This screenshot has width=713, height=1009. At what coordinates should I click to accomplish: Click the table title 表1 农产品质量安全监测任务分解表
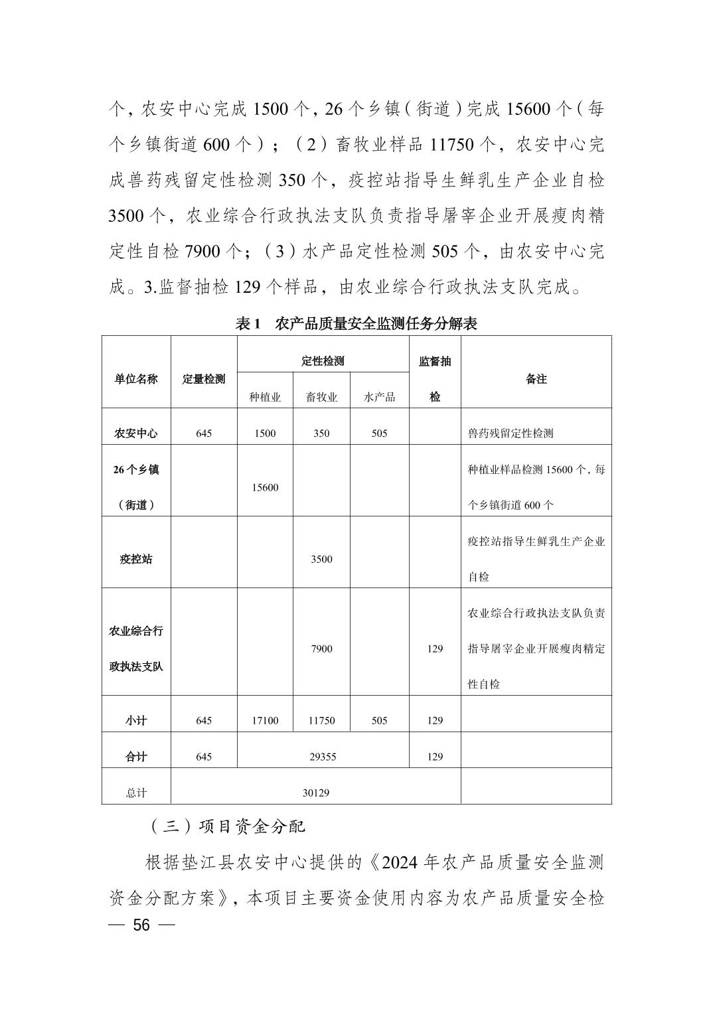(356, 324)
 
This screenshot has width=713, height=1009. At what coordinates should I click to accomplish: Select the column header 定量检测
(204, 379)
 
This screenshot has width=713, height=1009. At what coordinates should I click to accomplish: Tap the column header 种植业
(265, 397)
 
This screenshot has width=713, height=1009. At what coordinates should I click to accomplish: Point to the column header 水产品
(379, 397)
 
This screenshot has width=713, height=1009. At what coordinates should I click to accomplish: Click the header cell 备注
(536, 379)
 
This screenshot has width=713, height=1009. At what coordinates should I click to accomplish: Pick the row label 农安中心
(136, 433)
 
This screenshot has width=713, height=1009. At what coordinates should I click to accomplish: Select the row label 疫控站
(136, 559)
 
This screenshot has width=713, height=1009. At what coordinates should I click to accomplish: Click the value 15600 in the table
(265, 487)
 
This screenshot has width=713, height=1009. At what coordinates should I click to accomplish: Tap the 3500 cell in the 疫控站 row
(321, 559)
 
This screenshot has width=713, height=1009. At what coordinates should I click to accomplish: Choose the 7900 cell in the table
(321, 649)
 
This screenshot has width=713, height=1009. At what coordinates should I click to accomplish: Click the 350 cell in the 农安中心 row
(321, 433)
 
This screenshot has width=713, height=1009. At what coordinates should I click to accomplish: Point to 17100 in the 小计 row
(265, 720)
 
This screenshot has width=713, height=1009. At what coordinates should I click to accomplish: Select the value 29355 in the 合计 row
(323, 757)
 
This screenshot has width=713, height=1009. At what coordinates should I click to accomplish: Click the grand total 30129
(316, 793)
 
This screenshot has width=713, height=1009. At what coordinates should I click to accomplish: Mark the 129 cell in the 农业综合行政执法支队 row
(435, 649)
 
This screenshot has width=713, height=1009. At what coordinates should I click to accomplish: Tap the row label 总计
(136, 793)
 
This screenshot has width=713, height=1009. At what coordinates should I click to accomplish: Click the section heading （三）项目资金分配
(226, 826)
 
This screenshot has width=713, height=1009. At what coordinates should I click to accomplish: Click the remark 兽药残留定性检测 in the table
(511, 433)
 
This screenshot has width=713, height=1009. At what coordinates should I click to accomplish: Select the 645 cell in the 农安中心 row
(204, 433)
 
